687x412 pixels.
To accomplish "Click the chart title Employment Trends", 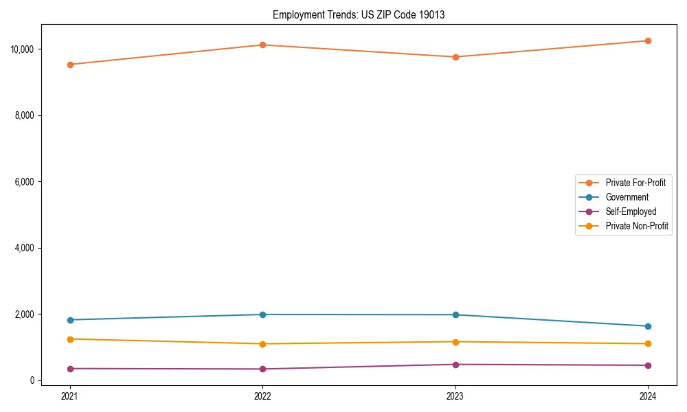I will point(359,15).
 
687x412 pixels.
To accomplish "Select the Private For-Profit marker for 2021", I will point(70,65).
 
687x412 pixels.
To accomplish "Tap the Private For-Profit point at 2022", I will point(262,45).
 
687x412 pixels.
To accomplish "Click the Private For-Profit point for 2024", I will point(648,41).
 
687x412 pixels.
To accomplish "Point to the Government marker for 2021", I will point(70,320).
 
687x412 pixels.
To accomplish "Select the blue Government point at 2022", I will point(262,314).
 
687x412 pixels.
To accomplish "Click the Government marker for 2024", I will point(648,326).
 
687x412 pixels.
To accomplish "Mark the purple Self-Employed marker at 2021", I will point(70,369).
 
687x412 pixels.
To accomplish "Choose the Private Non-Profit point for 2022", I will point(262,344).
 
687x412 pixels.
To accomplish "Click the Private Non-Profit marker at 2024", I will point(648,344).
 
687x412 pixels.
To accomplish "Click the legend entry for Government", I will point(627,197).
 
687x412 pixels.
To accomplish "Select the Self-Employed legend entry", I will point(631,211).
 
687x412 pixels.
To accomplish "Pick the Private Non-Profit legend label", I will point(637,226).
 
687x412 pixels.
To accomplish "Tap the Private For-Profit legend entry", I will point(635,183).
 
